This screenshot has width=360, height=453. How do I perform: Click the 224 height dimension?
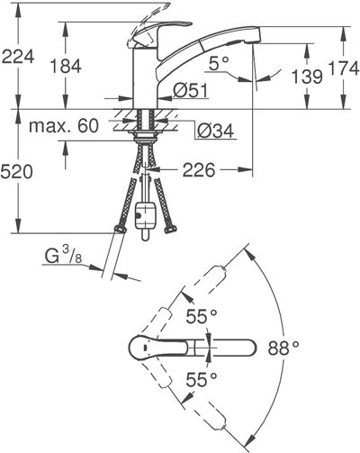point(18,57)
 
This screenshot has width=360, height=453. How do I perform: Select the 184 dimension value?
point(66,66)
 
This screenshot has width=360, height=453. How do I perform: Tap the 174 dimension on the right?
point(345,68)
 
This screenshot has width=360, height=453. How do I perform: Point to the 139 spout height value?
point(307,77)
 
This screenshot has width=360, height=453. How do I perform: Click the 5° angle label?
point(219,64)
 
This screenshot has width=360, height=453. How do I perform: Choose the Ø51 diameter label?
point(190,90)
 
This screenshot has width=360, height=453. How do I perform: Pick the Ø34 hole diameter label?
point(215,131)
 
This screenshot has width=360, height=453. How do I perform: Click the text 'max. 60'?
point(64,126)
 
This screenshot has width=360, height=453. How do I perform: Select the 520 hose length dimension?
point(16,172)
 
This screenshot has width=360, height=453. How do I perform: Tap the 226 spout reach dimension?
point(199,170)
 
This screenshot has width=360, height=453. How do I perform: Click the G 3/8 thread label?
point(63,256)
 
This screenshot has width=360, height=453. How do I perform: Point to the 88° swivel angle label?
point(283,349)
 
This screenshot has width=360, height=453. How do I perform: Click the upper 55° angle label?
point(202,316)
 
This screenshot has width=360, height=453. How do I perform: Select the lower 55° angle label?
point(202,379)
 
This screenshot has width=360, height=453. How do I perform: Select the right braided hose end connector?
point(170,230)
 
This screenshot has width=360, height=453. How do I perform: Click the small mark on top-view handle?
point(145,349)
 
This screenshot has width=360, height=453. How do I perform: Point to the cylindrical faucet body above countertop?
point(145,77)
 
